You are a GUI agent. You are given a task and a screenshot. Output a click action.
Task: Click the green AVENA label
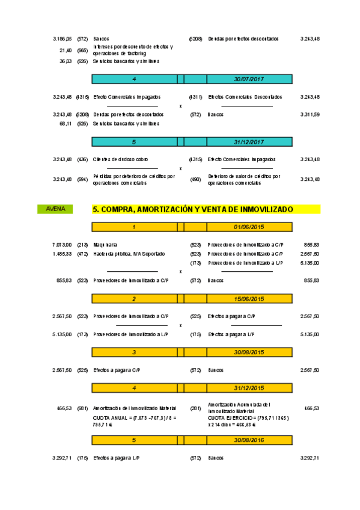[55, 209]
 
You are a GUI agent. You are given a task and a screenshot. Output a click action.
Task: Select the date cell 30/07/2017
[249, 79]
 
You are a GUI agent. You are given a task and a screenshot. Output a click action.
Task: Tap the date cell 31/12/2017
[249, 142]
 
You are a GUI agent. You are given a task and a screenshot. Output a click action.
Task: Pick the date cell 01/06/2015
[249, 227]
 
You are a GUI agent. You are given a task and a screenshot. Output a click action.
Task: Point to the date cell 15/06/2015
[249, 299]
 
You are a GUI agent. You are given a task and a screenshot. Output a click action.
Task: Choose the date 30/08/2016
[249, 441]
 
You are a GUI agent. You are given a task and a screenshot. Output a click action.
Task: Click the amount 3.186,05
[62, 38]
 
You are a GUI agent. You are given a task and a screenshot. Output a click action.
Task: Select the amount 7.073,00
[62, 245]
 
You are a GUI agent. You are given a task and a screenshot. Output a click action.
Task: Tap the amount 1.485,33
[62, 254]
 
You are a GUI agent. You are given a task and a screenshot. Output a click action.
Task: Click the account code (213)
[82, 245]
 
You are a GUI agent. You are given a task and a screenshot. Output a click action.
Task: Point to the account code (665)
[82, 51]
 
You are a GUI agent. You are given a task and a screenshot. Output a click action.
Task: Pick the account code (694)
[82, 179]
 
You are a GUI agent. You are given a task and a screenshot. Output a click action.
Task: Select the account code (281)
[195, 408]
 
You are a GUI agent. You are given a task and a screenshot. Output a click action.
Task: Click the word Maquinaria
[105, 245]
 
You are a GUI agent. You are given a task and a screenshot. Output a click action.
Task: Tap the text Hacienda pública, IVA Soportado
[129, 254]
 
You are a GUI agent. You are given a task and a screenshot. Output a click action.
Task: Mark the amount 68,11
[66, 123]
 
